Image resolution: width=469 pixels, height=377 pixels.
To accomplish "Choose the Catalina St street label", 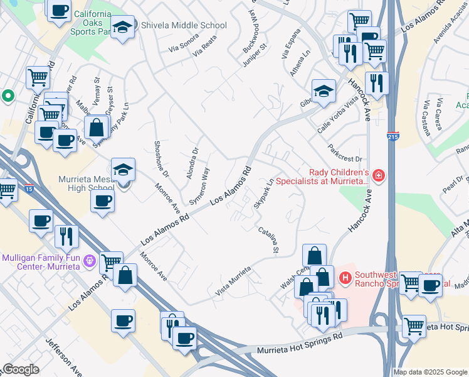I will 268,240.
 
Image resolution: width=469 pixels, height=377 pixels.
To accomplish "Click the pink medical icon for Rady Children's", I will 377,175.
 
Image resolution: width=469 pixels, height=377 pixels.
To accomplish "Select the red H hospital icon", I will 344,277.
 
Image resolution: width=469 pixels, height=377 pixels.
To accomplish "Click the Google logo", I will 20,369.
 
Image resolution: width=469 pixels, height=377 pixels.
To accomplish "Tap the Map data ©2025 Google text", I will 430,372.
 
